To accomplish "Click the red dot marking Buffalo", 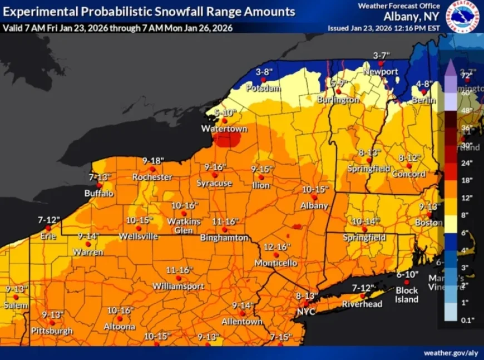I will [x=100, y=185].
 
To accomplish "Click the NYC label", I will [x=306, y=312].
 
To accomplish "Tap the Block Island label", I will [x=407, y=295].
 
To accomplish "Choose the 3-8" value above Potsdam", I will [x=263, y=72].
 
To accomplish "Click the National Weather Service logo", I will [x=463, y=17].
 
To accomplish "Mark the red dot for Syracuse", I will [x=215, y=175].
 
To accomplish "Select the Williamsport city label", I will [x=179, y=286].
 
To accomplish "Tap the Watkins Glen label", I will [x=184, y=225].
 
